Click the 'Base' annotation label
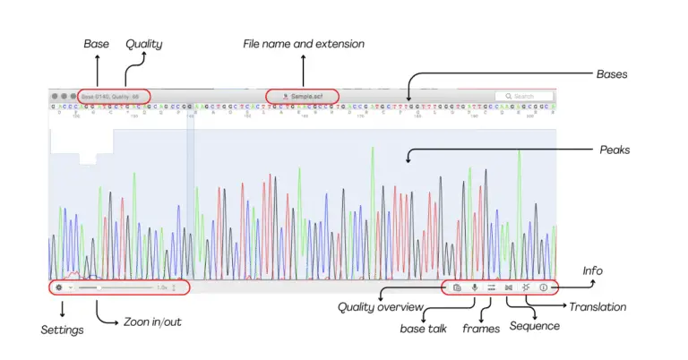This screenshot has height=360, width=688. pyautogui.click(x=96, y=43)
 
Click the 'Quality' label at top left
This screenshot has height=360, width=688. pyautogui.click(x=143, y=43)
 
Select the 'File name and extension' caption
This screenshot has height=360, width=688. pyautogui.click(x=304, y=43)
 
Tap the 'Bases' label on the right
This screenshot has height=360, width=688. pyautogui.click(x=613, y=73)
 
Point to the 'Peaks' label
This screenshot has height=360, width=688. pyautogui.click(x=615, y=150)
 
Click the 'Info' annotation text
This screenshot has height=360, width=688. pyautogui.click(x=592, y=270)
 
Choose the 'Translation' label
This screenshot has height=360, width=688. pyautogui.click(x=598, y=307)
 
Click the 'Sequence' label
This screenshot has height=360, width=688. pyautogui.click(x=535, y=326)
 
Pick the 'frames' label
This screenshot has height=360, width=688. pyautogui.click(x=481, y=329)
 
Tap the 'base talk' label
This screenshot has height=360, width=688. pyautogui.click(x=423, y=329)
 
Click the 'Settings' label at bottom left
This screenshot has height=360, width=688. pyautogui.click(x=62, y=330)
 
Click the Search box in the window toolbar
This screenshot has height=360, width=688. pyautogui.click(x=524, y=96)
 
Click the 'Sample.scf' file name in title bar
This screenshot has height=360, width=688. pyautogui.click(x=305, y=96)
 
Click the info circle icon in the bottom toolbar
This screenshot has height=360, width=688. pyautogui.click(x=543, y=287)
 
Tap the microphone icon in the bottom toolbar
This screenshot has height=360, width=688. pyautogui.click(x=474, y=287)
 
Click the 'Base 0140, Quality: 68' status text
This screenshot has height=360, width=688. pyautogui.click(x=111, y=96)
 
